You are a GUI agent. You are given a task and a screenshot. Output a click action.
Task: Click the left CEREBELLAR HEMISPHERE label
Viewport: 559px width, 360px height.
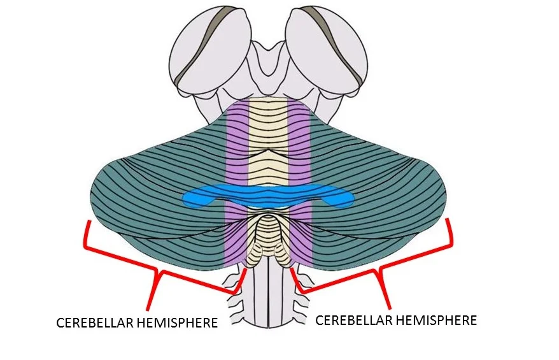(x=137, y=322)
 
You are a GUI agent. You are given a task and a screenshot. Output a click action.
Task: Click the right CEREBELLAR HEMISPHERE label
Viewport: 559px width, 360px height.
(x=396, y=319)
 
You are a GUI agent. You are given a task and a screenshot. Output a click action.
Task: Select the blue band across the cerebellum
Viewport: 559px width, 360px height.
(x=267, y=193)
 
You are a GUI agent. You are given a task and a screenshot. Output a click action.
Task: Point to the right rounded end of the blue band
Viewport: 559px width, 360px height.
(x=344, y=200)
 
